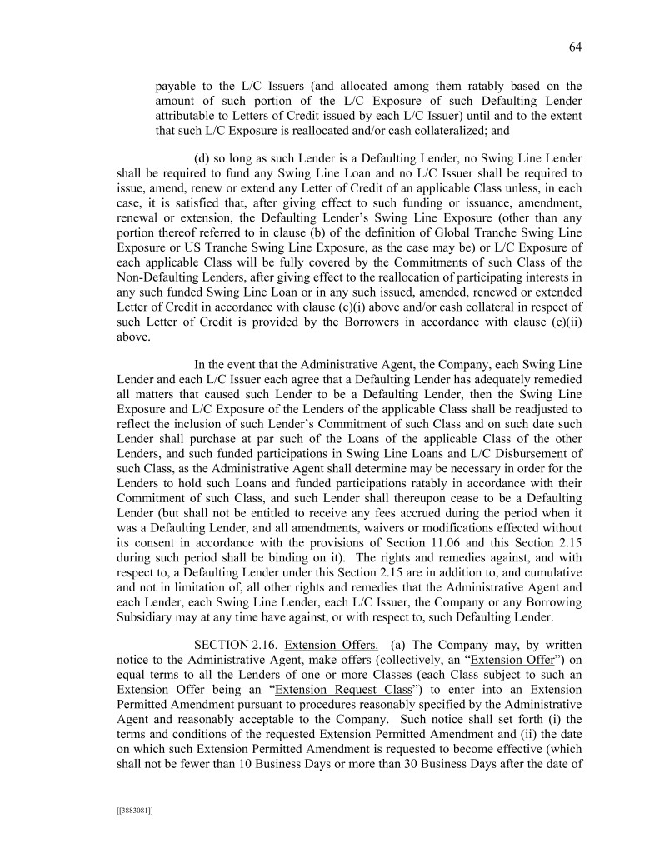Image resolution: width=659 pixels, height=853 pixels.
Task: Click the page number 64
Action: tap(574, 47)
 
